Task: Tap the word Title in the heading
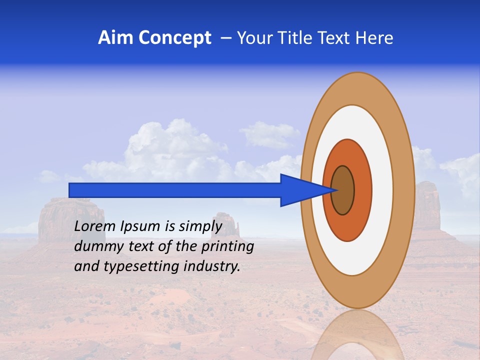click(288, 38)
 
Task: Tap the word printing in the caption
click(227, 246)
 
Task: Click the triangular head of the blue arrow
click(300, 190)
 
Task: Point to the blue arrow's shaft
click(175, 190)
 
